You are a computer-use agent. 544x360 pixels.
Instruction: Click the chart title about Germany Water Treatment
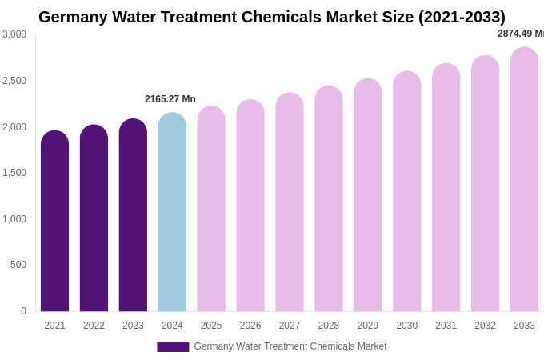coord(272,17)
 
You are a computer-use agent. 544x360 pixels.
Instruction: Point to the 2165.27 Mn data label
coord(170,99)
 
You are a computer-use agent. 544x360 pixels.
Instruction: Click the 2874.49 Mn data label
coord(521,34)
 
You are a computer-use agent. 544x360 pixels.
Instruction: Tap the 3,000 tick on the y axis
coord(14,34)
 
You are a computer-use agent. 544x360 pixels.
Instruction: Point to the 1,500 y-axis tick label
coord(14,173)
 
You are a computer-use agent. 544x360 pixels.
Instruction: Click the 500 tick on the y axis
coord(18,265)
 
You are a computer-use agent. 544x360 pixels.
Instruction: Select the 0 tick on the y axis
coord(23,311)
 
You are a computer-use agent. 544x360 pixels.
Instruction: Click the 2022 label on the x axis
coord(94,326)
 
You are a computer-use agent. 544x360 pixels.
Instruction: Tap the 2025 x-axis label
coord(211,326)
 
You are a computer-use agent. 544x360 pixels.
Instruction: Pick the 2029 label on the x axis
coord(368,326)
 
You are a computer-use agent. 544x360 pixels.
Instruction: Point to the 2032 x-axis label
coord(485,326)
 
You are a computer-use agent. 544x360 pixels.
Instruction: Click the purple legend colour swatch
coord(173,347)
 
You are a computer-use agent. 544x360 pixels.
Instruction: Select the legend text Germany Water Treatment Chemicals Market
coord(290,346)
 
